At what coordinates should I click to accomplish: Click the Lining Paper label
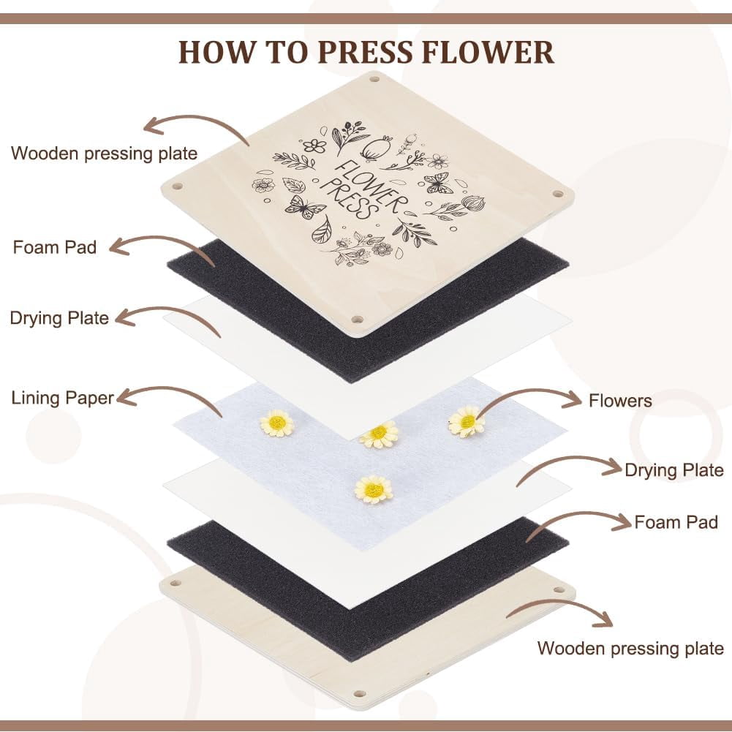(x=63, y=399)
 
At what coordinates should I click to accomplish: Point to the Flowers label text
(x=620, y=401)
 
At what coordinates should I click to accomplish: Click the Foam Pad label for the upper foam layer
(x=55, y=247)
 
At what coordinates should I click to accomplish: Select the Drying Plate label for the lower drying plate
(x=674, y=470)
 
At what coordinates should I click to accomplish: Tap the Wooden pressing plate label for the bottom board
(x=630, y=649)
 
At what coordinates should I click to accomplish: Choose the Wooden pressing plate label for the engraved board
(x=104, y=154)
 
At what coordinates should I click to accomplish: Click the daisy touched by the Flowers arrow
(x=465, y=422)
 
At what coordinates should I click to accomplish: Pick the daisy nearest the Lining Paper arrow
(x=277, y=423)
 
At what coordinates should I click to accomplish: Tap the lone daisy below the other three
(x=374, y=490)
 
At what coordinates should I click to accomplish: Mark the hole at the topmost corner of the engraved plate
(x=374, y=79)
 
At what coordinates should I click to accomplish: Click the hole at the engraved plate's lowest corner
(x=358, y=320)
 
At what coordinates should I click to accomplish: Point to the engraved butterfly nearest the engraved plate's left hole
(x=306, y=207)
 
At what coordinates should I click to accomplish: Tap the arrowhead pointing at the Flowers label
(x=572, y=399)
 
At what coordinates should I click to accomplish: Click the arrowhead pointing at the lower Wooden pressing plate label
(x=603, y=620)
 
